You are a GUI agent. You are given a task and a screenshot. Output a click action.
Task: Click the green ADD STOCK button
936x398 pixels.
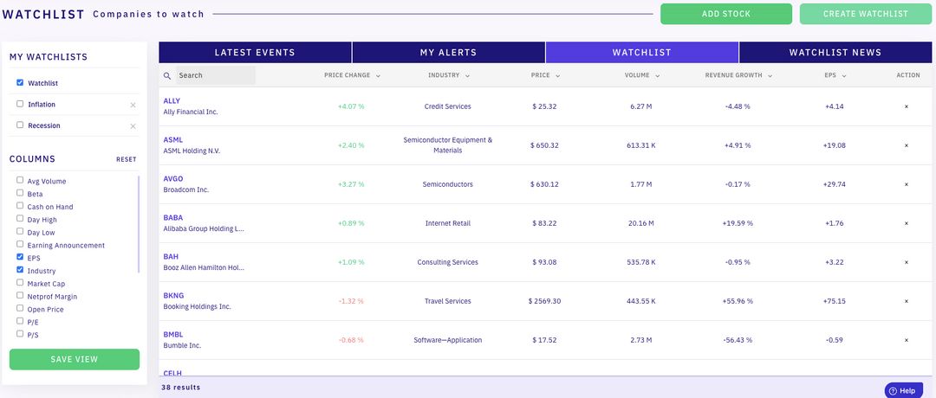[725, 14]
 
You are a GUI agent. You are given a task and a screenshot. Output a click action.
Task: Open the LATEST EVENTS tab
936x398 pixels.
[255, 53]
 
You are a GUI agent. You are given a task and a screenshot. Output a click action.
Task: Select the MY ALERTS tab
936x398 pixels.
[448, 53]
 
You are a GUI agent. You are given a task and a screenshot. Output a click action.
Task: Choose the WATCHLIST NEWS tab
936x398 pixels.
[835, 53]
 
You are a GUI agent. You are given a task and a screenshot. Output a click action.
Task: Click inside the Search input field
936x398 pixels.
[215, 75]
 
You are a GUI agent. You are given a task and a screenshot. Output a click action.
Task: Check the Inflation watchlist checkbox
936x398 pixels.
[20, 104]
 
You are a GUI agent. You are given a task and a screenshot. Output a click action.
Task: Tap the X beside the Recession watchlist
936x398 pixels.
[133, 126]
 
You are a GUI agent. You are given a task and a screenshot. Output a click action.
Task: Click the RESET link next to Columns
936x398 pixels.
[127, 160]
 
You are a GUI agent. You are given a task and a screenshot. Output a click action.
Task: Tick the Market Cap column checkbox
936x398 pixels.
[20, 284]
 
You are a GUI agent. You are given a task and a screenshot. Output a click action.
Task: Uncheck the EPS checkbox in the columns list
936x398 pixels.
[20, 258]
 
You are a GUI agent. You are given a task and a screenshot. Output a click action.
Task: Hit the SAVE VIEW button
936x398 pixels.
[74, 359]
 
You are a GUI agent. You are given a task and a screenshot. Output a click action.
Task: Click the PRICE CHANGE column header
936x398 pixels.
[348, 75]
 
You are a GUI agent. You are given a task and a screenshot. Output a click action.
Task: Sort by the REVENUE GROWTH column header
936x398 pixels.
[734, 75]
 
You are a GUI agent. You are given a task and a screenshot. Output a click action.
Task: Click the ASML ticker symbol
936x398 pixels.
[173, 139]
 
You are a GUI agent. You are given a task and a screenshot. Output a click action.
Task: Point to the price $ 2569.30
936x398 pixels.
[545, 301]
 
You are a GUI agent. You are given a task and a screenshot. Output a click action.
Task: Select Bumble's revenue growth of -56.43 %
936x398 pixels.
[738, 340]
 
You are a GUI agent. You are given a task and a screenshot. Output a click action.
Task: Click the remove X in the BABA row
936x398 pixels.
[907, 223]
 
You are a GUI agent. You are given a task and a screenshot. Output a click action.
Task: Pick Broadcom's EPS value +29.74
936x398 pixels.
[835, 184]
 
